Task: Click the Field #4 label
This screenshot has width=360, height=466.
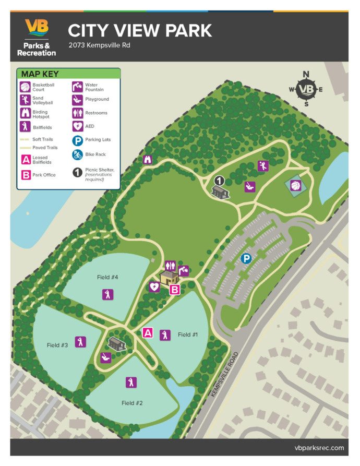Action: [107, 277]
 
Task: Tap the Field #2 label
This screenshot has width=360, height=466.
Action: [132, 403]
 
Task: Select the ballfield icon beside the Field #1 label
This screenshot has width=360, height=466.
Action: [165, 335]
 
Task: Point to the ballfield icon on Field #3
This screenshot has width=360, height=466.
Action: [80, 342]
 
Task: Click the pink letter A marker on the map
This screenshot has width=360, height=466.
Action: [148, 332]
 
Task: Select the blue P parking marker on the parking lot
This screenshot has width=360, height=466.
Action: [245, 258]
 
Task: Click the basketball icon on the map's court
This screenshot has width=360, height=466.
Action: [296, 185]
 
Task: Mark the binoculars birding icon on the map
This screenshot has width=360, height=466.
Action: [147, 160]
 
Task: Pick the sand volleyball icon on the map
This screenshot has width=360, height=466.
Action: [262, 166]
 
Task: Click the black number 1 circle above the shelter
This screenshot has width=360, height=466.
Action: [220, 181]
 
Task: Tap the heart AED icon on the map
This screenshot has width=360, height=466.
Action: [154, 286]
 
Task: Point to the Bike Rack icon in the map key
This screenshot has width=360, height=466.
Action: [77, 154]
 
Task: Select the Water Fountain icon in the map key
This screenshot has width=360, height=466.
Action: [77, 86]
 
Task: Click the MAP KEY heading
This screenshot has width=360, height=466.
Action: [40, 74]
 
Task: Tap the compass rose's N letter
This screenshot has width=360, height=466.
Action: [306, 74]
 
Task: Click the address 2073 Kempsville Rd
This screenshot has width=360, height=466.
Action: [99, 45]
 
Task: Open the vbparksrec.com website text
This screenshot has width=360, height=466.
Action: [319, 448]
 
